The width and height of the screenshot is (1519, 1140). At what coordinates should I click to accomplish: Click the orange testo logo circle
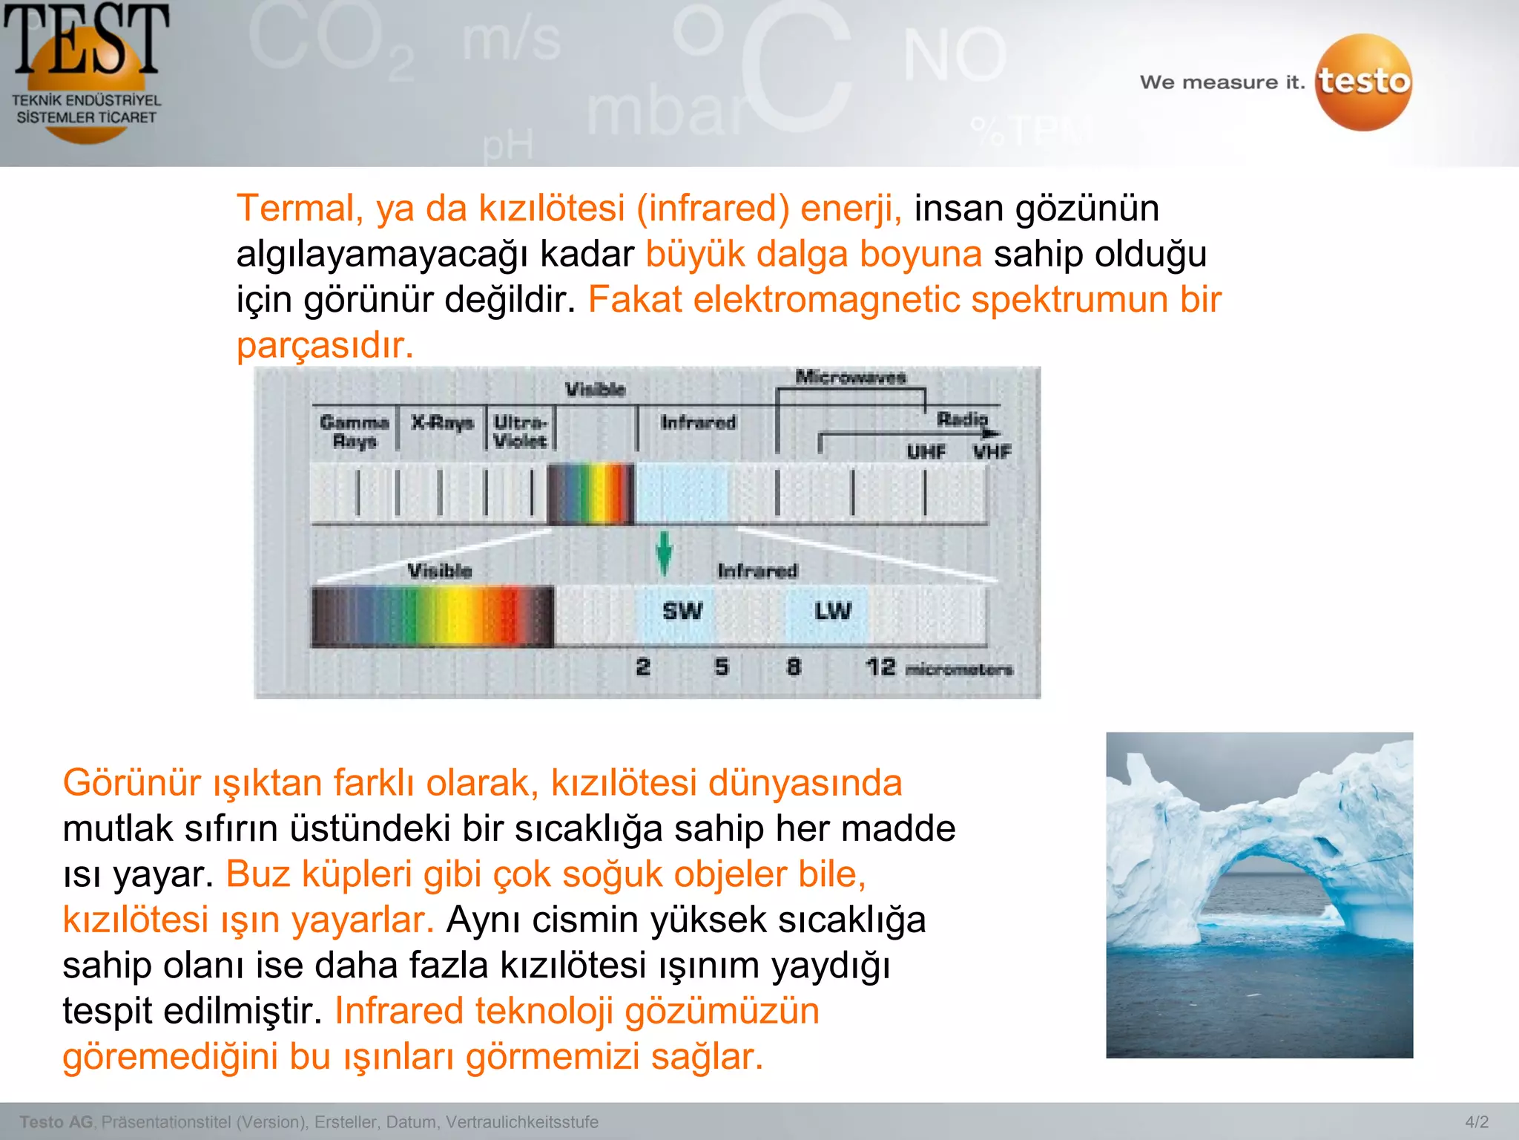click(1363, 82)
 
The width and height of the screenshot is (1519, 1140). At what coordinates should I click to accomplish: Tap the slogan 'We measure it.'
click(1222, 82)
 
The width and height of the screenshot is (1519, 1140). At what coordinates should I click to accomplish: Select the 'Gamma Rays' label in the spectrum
click(355, 431)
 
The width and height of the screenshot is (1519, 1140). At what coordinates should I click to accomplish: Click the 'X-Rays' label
click(443, 422)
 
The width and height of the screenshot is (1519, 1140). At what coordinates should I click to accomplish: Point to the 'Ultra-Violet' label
click(520, 431)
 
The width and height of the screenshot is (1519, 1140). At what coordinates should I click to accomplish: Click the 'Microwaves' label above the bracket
click(851, 377)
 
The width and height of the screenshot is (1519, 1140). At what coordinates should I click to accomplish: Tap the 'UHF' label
click(926, 451)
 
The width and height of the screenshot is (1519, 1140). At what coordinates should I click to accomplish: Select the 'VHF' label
click(992, 451)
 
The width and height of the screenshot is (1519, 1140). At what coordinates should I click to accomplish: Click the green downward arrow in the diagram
click(664, 553)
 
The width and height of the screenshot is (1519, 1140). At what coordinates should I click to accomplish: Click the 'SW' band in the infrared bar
click(682, 612)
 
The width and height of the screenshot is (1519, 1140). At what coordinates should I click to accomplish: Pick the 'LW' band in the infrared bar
click(832, 612)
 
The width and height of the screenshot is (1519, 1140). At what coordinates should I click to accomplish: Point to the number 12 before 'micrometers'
click(880, 666)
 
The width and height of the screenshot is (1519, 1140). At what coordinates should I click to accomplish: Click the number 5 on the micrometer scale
click(722, 666)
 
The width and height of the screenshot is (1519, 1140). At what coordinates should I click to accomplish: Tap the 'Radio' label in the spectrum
click(962, 419)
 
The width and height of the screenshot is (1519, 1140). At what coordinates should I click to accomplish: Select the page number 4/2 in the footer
click(1476, 1122)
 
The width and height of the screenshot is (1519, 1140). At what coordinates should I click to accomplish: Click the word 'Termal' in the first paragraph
click(294, 209)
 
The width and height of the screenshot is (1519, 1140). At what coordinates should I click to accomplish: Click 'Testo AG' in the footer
click(56, 1122)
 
